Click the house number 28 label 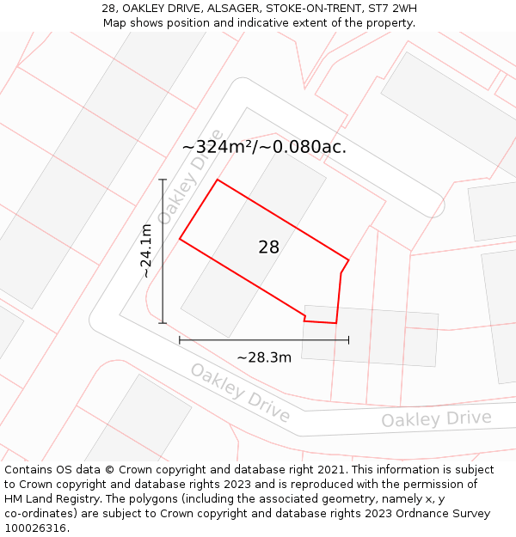point(268,247)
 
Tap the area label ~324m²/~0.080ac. point(264,147)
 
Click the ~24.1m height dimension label point(146,250)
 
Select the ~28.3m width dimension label point(264,357)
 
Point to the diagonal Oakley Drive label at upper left point(183,189)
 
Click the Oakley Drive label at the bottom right point(436,419)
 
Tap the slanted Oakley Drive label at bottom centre point(240,392)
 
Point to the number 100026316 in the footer point(35,528)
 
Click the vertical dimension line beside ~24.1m point(163,251)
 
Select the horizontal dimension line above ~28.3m point(264,340)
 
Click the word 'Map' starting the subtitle point(115,23)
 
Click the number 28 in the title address point(108,9)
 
